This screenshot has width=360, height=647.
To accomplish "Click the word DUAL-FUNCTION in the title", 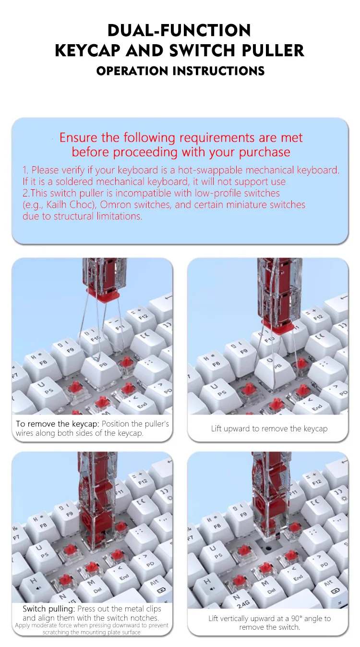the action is [179, 30].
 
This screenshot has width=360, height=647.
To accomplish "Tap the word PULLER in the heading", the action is [273, 50].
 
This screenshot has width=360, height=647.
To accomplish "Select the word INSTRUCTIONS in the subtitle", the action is [219, 71].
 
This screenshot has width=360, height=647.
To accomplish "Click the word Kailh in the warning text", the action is [57, 205].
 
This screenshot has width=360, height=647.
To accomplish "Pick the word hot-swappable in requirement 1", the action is [210, 170].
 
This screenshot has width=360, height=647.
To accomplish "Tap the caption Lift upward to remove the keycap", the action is [269, 428].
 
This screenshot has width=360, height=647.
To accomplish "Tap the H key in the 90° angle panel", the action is [207, 582].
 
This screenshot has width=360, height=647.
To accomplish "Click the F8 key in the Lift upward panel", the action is [213, 362].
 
